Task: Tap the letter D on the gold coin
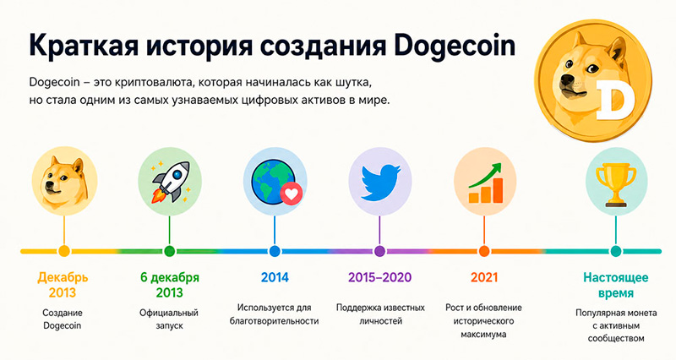[x=616, y=100]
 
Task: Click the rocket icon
[x=171, y=182]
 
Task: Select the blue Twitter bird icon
[x=379, y=182]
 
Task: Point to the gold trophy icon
[x=616, y=186]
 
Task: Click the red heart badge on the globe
[x=292, y=194]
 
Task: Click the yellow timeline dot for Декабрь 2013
[x=64, y=251]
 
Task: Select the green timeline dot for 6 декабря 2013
[x=170, y=251]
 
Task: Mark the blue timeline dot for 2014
[x=275, y=251]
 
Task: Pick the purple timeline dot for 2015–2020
[x=379, y=251]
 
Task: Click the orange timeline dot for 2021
[x=484, y=251]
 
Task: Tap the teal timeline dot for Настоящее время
[x=616, y=251]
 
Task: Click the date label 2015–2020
[x=379, y=277]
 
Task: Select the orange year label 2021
[x=484, y=277]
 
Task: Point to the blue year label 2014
[x=275, y=277]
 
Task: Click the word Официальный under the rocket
[x=169, y=313]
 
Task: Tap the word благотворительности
[x=274, y=321]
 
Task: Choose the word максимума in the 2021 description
[x=483, y=334]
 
